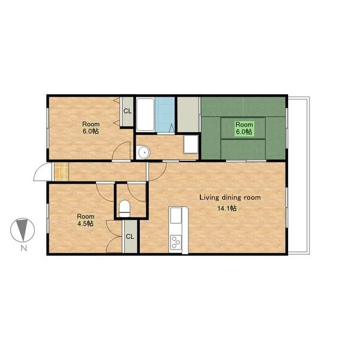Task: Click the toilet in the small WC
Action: tap(125, 208)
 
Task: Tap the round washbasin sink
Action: tap(144, 152)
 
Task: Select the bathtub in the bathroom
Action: tap(145, 115)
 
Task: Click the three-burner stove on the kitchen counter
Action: tap(176, 242)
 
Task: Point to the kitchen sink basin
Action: tap(176, 215)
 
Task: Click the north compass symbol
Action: tap(23, 230)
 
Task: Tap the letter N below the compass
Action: tap(23, 248)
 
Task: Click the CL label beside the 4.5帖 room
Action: tap(130, 236)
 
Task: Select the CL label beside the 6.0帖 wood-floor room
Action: tap(128, 111)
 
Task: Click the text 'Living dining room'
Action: tap(230, 197)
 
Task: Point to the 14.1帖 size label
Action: tap(227, 208)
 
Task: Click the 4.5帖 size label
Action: tap(85, 224)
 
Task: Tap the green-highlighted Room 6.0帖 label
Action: tap(244, 128)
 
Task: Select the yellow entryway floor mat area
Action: tap(61, 172)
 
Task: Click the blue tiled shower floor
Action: tap(164, 115)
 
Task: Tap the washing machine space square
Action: tap(191, 145)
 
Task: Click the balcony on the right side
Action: tap(298, 175)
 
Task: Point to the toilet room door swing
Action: tap(136, 193)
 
